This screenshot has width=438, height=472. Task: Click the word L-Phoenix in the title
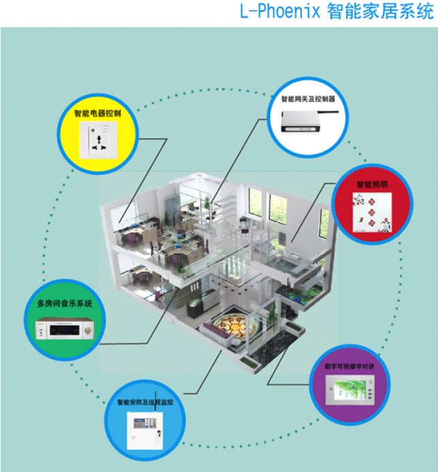coord(278,12)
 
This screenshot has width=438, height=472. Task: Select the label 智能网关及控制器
coord(309,99)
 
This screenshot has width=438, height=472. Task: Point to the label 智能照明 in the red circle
coord(372,184)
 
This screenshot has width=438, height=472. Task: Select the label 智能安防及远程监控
coord(145,403)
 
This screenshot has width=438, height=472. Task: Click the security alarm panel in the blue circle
coord(145,430)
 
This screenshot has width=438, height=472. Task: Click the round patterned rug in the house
coord(238,325)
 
